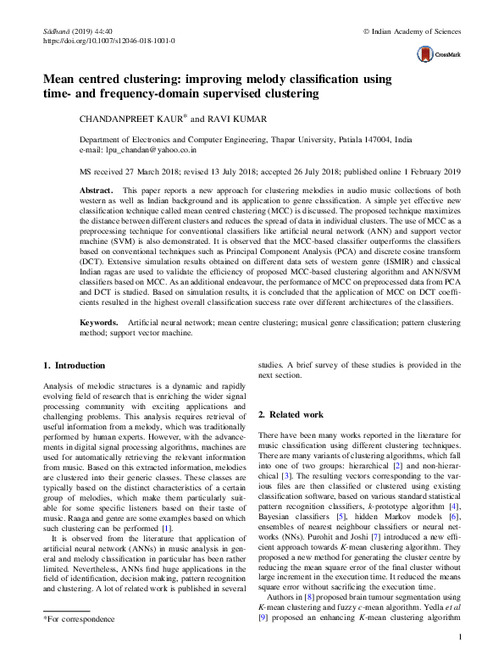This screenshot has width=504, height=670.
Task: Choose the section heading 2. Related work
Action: [291, 415]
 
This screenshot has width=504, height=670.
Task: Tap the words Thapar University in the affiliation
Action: [311, 138]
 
